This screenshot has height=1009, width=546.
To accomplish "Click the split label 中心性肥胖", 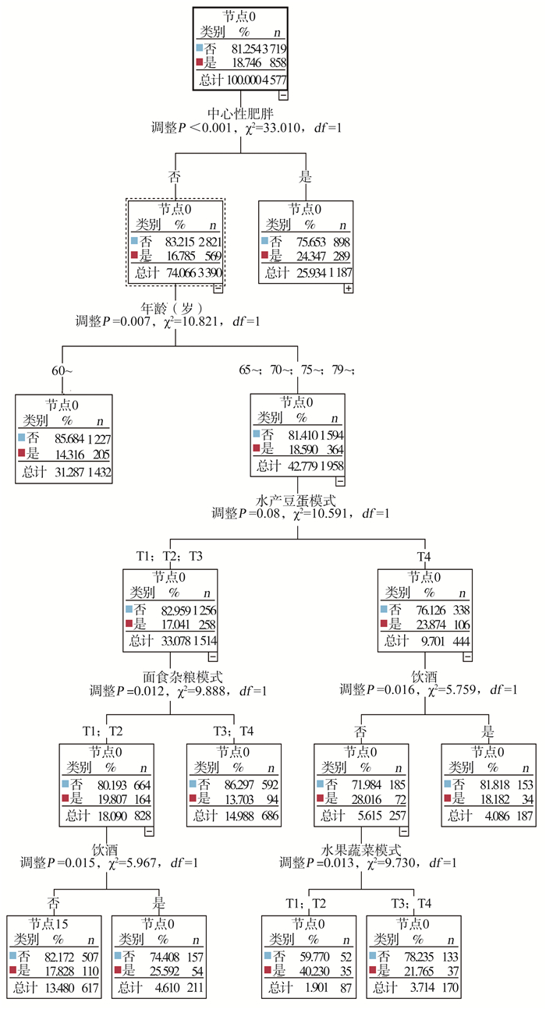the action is click(x=240, y=113).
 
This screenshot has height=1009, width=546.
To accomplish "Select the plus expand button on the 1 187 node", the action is click(x=348, y=289).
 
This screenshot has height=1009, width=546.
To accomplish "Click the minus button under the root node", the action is click(x=283, y=95).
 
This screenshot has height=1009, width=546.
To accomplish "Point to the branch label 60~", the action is click(x=62, y=370).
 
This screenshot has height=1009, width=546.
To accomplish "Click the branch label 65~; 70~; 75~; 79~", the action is click(x=296, y=370).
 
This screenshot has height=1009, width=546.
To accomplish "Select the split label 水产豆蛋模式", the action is click(x=296, y=501).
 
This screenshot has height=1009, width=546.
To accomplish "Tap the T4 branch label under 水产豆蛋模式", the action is click(x=424, y=557).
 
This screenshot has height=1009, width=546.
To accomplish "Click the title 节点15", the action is click(x=48, y=924).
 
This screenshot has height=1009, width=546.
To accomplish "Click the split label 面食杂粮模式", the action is click(x=183, y=677).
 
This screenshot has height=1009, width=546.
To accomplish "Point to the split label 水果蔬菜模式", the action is click(x=360, y=850).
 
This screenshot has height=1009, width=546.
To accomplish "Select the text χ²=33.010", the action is click(x=272, y=128).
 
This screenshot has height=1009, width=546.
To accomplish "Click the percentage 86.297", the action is click(x=239, y=785).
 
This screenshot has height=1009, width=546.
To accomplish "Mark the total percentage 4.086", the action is click(x=498, y=816).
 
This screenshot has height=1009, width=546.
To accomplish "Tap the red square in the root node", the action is click(x=200, y=62).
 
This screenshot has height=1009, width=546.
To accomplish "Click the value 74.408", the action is click(x=165, y=957).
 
